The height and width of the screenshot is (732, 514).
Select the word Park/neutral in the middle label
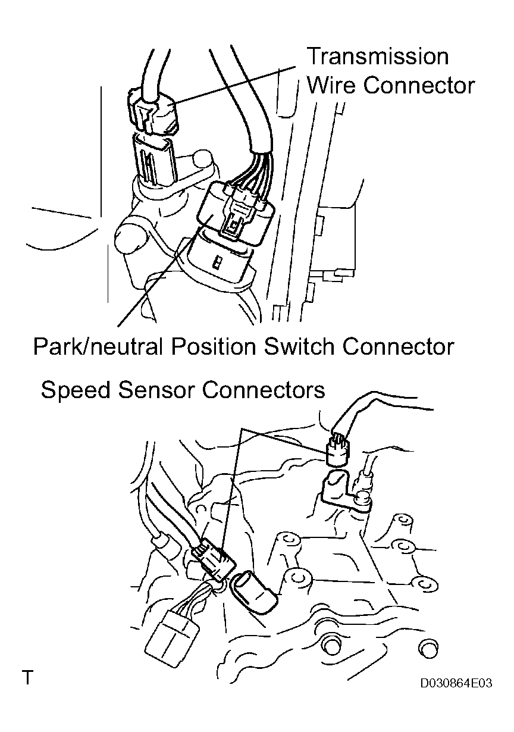point(98,346)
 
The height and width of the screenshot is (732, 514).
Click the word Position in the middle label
point(213,346)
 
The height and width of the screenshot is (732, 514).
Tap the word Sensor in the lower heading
point(156,390)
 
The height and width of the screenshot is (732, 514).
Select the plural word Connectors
point(264,390)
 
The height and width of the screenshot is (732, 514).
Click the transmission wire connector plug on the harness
point(153,111)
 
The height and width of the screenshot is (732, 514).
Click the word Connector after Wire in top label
point(419,86)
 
